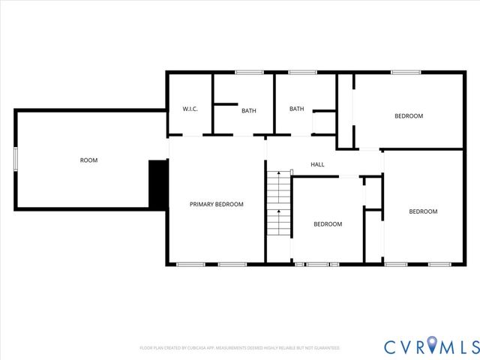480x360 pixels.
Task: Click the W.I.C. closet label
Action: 190,109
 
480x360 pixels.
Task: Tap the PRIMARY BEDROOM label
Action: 216,204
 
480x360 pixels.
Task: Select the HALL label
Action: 317,164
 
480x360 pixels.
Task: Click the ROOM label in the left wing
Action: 88,160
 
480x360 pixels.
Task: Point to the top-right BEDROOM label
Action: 409,115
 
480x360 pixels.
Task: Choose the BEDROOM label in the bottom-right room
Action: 422,211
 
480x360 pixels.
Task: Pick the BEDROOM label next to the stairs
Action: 328,224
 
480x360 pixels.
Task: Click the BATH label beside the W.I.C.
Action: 248,111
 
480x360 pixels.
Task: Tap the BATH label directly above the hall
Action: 297,109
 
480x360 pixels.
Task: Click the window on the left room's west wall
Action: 15,160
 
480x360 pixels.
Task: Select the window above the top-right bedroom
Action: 405,72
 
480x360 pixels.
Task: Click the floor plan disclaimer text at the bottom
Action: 240,348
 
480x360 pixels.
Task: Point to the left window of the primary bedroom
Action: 190,264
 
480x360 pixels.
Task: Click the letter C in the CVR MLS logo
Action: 391,346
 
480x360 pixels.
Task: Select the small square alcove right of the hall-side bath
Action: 323,122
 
